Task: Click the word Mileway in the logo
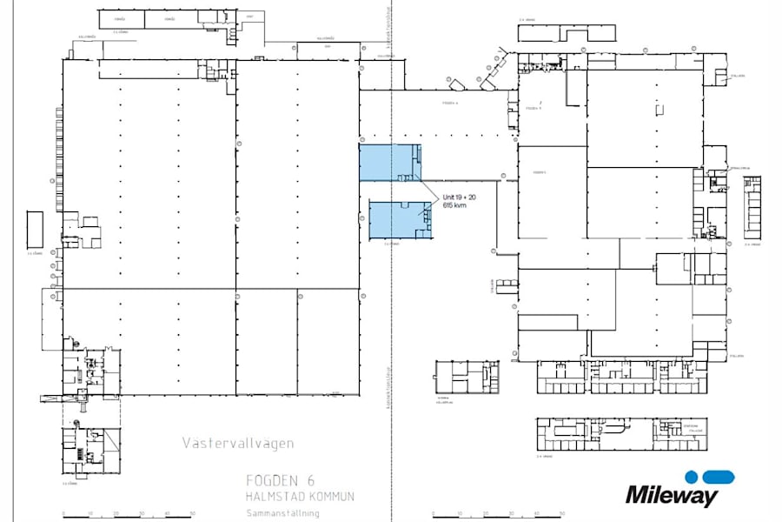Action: pyautogui.click(x=672, y=497)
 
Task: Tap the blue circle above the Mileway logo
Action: pyautogui.click(x=691, y=477)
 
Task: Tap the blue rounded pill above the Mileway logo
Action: pyautogui.click(x=719, y=477)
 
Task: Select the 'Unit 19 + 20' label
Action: pyautogui.click(x=459, y=197)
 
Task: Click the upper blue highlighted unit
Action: pyautogui.click(x=389, y=163)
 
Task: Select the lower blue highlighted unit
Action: pyautogui.click(x=400, y=219)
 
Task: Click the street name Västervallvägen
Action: pyautogui.click(x=238, y=444)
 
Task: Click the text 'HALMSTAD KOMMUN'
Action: pyautogui.click(x=300, y=496)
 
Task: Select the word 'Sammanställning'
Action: pyautogui.click(x=282, y=513)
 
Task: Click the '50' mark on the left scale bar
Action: pyautogui.click(x=192, y=513)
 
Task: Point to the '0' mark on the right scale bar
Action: pyautogui.click(x=420, y=513)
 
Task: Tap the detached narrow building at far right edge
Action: pyautogui.click(x=752, y=207)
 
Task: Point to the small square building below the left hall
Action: pyautogui.click(x=90, y=450)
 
